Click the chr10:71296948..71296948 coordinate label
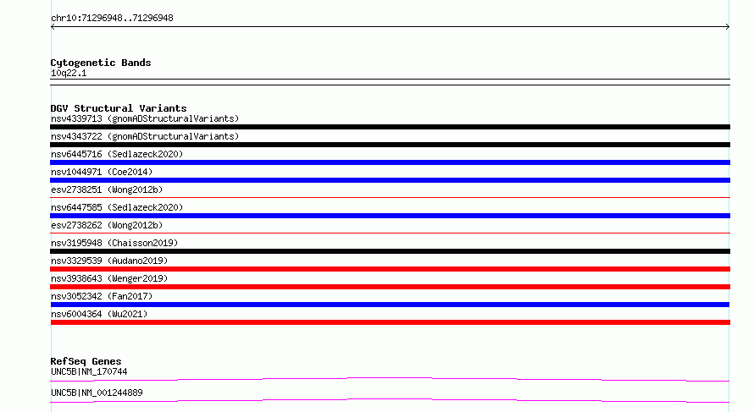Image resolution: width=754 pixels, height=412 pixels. tap(112, 19)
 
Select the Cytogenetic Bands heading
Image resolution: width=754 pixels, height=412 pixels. tap(101, 63)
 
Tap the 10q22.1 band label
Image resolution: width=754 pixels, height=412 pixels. tap(69, 73)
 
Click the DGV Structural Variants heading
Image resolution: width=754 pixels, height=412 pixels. tap(119, 108)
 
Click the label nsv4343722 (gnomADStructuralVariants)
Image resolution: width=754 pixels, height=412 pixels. tap(145, 136)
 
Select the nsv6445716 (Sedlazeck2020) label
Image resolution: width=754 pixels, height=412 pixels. tap(117, 154)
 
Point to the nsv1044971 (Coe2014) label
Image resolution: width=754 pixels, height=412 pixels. tap(102, 172)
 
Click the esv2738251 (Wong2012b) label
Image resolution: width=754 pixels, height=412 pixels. tap(107, 190)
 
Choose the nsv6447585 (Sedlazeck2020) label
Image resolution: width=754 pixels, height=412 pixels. tap(117, 207)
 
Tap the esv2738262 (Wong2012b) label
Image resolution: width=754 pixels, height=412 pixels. tap(107, 225)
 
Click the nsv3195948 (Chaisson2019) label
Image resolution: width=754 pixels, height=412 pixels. tap(114, 243)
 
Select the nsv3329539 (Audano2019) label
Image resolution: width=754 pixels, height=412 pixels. tap(109, 261)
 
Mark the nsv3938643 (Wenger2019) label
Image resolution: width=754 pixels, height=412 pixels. tap(109, 278)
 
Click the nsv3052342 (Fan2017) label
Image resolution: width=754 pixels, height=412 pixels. tap(102, 296)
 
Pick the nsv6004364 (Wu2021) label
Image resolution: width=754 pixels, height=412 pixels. tap(99, 314)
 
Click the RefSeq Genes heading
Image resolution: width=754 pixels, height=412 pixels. tap(86, 361)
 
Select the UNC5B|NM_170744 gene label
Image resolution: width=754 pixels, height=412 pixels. tap(89, 371)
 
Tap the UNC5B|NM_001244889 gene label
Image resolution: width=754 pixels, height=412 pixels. tap(97, 393)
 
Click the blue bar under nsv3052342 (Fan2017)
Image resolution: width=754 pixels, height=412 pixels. tap(390, 305)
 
